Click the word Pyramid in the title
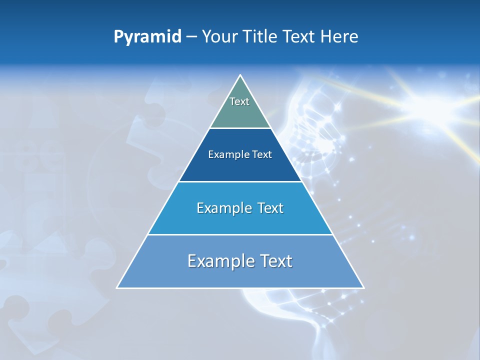(147, 37)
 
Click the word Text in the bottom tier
(274, 261)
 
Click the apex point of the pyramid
(240, 76)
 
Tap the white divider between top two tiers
(240, 128)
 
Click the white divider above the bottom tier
(240, 234)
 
